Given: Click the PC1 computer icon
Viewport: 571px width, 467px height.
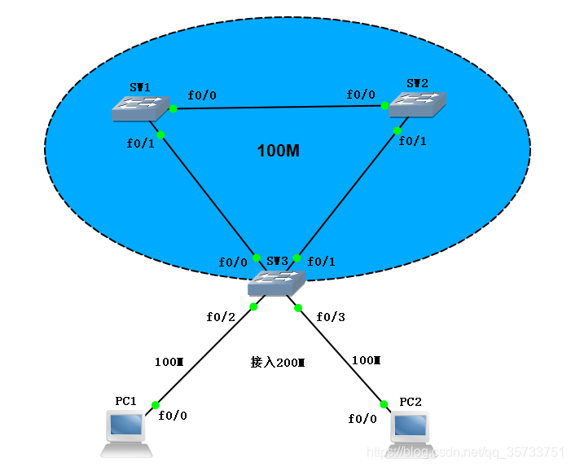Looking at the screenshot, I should click(126, 433).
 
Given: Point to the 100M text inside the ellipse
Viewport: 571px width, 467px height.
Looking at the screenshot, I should click(279, 151).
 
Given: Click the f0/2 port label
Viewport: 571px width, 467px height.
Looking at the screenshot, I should click(221, 316).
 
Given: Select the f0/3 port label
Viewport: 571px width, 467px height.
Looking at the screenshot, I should click(331, 316).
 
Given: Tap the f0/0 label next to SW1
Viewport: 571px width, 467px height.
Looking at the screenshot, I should click(202, 95).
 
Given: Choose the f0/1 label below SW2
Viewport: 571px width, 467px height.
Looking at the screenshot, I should click(412, 141).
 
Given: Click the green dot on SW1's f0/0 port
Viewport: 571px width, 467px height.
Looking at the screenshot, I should click(173, 108).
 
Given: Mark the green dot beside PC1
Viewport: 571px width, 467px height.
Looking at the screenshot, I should click(155, 405).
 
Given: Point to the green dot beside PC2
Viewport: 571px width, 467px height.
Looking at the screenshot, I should click(382, 403).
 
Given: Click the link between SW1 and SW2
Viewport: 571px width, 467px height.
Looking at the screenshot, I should click(277, 107).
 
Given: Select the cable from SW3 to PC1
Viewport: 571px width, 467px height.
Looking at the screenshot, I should click(204, 356).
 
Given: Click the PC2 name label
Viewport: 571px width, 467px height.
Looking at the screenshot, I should click(411, 403).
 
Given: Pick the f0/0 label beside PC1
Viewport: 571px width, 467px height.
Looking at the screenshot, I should click(173, 416).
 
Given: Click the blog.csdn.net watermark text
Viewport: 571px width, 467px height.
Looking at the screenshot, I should click(465, 452).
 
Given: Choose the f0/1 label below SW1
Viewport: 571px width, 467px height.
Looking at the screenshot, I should click(140, 143).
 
